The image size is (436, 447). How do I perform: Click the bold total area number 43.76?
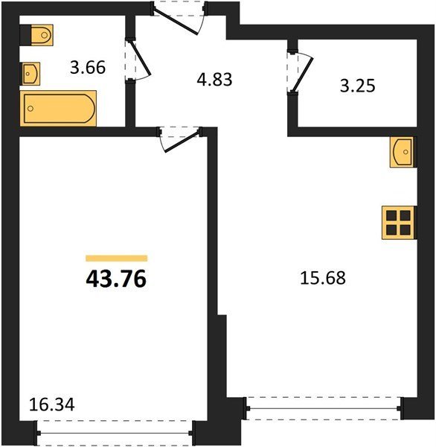(x=116, y=279)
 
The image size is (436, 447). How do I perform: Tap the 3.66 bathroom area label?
(x=88, y=68)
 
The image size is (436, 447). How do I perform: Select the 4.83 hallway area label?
(x=214, y=79)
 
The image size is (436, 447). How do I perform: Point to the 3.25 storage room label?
(x=358, y=86)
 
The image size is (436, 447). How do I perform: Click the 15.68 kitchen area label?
(x=323, y=278)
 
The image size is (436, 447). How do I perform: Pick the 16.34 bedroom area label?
(x=52, y=405)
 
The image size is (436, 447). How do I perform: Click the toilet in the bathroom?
(x=42, y=35)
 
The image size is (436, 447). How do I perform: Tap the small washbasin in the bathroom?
(x=31, y=74)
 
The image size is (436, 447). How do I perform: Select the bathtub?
(x=58, y=108)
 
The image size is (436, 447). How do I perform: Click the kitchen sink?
(x=402, y=152)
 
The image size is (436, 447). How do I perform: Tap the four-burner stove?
(x=398, y=223)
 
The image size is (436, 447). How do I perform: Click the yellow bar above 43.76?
(x=117, y=259)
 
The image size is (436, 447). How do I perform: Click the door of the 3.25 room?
(x=302, y=72)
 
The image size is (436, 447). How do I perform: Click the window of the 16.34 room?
(x=115, y=434)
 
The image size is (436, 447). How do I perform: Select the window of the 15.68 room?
(x=324, y=408)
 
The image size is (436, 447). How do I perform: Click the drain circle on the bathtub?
(x=31, y=108)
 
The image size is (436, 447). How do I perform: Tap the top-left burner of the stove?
(x=391, y=216)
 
